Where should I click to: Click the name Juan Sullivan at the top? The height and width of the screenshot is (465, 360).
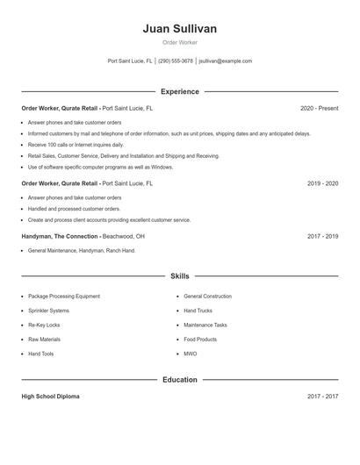(x=179, y=29)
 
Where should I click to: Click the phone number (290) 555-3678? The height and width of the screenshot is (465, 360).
(x=176, y=61)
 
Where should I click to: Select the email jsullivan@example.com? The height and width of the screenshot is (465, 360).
(x=225, y=61)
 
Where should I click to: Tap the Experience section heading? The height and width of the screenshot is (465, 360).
(x=179, y=91)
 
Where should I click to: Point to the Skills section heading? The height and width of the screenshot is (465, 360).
(x=179, y=275)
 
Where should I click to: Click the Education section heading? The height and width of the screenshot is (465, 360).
(x=179, y=380)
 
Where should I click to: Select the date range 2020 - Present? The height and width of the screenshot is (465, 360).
(x=319, y=109)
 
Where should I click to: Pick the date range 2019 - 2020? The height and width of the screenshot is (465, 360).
(x=322, y=183)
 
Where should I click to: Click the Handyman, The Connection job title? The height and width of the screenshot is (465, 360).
(x=60, y=236)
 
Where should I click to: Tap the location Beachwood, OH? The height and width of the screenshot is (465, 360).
(x=124, y=236)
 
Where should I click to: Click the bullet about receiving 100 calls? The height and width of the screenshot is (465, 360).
(x=76, y=144)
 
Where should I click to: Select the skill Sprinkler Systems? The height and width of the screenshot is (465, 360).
(x=48, y=311)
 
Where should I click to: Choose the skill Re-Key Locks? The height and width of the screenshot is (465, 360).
(x=43, y=325)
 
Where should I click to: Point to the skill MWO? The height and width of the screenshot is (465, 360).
(x=190, y=354)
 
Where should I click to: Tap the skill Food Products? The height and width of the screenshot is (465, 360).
(x=200, y=339)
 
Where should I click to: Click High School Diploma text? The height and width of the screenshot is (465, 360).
(x=50, y=397)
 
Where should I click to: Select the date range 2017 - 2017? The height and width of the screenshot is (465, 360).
(x=322, y=397)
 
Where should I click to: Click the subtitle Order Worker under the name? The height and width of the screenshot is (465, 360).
(x=179, y=43)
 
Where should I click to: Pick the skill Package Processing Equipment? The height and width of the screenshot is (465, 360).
(x=64, y=297)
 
